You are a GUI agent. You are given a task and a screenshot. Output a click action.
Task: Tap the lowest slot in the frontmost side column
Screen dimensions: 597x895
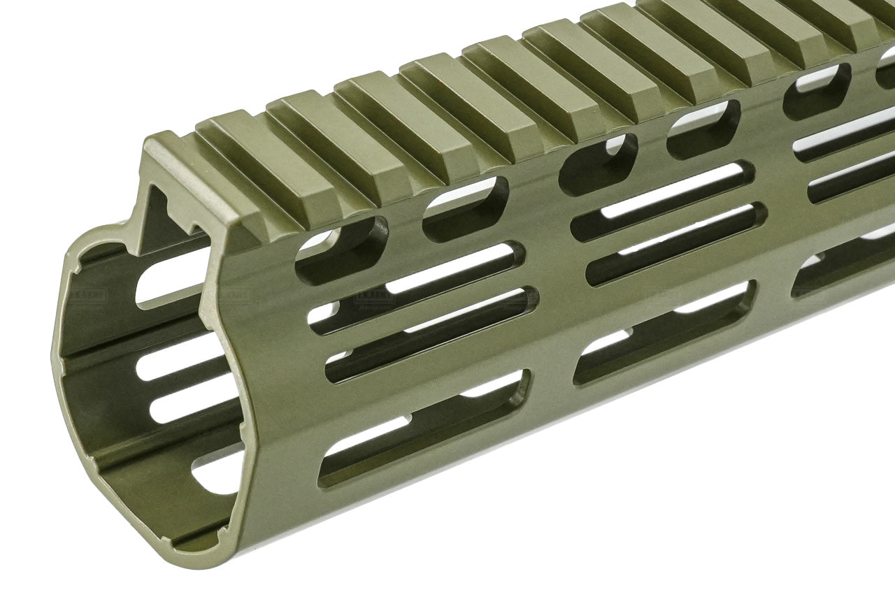point(423,429)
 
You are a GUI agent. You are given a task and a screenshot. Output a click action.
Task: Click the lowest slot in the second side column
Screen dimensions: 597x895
point(664,331)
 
